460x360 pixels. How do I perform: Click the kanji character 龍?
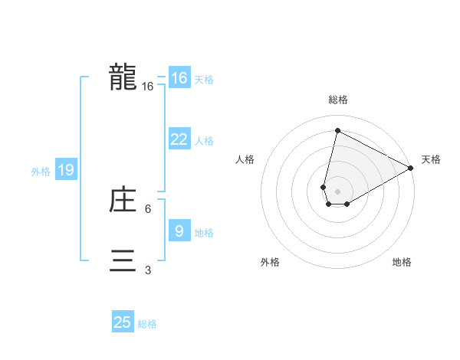tap(123, 77)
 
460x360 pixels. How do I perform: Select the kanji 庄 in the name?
tap(123, 201)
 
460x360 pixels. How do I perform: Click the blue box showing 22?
tap(179, 139)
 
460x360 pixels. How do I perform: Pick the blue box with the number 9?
tap(179, 231)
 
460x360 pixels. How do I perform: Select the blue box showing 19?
tap(65, 170)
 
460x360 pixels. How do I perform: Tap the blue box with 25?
tap(123, 322)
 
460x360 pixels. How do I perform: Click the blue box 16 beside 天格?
tap(179, 78)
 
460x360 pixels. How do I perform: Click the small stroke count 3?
tap(148, 270)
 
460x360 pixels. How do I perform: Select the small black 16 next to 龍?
tap(148, 87)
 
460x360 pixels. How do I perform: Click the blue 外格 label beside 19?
tap(41, 172)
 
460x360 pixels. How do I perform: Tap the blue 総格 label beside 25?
tap(147, 324)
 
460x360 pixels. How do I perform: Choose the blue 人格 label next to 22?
tap(204, 141)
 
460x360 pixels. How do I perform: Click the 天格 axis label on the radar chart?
tap(431, 159)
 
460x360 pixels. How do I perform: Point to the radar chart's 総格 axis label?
tap(337, 100)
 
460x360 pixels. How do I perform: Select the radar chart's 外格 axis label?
tap(270, 262)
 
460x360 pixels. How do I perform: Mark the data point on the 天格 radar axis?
tap(411, 168)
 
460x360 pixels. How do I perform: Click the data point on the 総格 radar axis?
tap(337, 131)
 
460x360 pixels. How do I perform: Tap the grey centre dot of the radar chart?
tap(337, 191)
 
